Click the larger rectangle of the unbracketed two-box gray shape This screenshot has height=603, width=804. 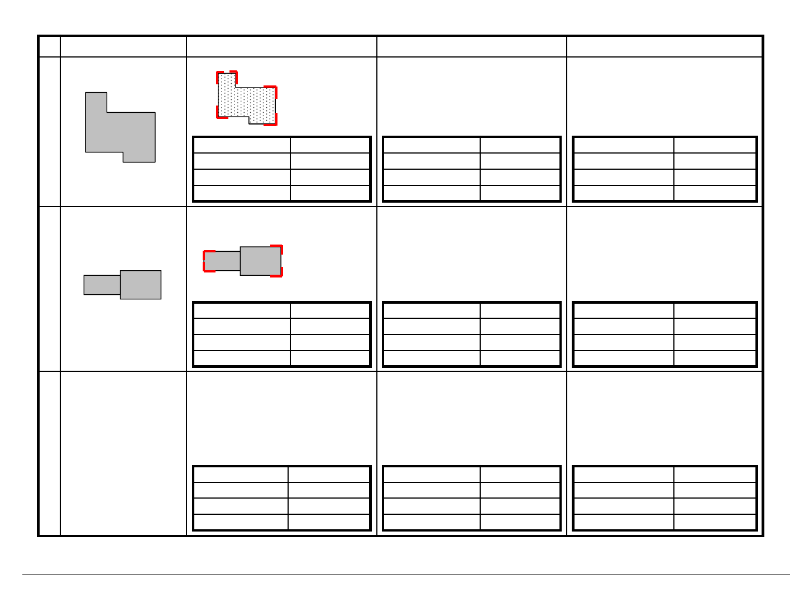click(x=141, y=285)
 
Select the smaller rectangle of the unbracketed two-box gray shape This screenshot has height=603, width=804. click(x=102, y=285)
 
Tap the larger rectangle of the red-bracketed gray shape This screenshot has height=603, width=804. click(x=260, y=261)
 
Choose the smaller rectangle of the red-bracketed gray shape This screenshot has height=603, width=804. click(x=223, y=261)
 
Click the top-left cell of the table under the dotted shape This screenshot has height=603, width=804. click(x=242, y=145)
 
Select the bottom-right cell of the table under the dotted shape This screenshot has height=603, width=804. click(x=330, y=193)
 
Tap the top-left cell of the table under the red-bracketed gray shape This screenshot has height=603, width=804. click(x=242, y=310)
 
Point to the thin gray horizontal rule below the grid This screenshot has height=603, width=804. click(x=406, y=574)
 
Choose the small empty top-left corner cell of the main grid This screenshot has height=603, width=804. click(x=50, y=47)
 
